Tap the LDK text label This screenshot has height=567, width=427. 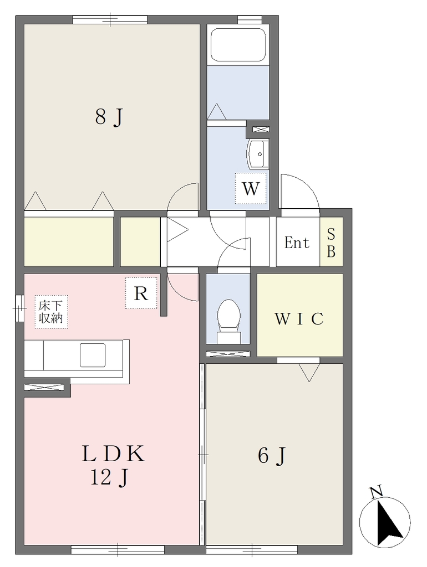[x=113, y=453]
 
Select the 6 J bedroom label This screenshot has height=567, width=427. [x=272, y=456]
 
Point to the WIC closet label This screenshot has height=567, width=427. [x=299, y=319]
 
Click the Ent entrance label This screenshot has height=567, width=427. [x=297, y=243]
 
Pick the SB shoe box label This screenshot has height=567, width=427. [x=331, y=243]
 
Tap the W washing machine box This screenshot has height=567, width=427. [x=251, y=188]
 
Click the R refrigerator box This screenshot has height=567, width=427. [x=141, y=293]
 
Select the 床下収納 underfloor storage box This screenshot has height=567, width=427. [x=51, y=312]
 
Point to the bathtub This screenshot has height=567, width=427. [x=238, y=45]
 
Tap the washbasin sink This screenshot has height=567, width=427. [x=258, y=154]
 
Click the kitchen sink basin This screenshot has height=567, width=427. [x=93, y=355]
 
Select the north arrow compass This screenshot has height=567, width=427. [x=385, y=521]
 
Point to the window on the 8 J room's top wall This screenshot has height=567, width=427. [x=110, y=19]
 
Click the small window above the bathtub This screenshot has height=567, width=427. [x=250, y=19]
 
